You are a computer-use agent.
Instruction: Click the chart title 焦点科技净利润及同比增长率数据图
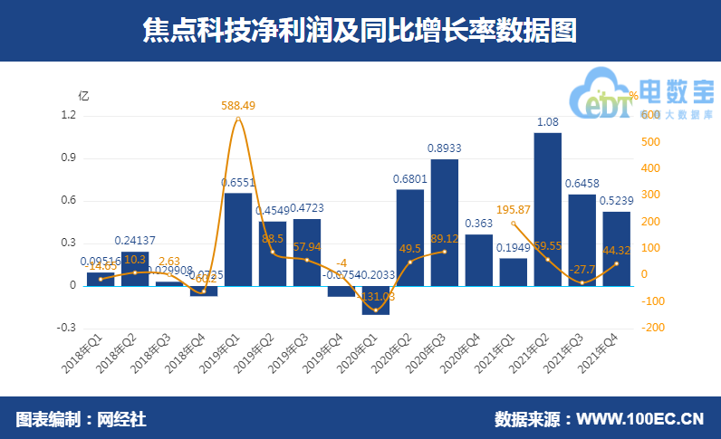click(x=360, y=30)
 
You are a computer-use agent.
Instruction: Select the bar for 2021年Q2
click(x=547, y=208)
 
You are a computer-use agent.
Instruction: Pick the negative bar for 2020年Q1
click(x=375, y=300)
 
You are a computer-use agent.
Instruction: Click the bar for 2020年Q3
click(x=444, y=222)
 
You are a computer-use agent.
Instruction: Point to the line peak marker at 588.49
click(x=237, y=119)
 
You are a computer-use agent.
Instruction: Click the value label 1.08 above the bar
click(x=547, y=122)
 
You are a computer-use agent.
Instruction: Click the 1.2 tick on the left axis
click(x=68, y=116)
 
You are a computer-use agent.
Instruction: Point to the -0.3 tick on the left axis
click(x=66, y=328)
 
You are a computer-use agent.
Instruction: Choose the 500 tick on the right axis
click(x=649, y=142)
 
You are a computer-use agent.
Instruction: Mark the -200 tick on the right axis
click(x=651, y=328)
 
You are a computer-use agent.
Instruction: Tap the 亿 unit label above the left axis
click(x=83, y=95)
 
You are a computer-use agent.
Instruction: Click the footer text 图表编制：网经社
click(x=81, y=420)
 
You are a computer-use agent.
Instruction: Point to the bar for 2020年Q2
click(x=409, y=237)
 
